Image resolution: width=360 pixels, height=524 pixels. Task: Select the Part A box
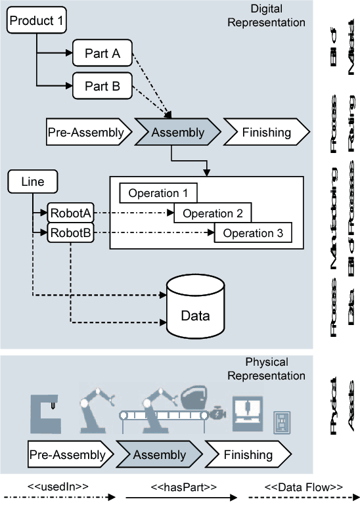102,54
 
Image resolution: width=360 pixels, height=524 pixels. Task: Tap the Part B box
102,85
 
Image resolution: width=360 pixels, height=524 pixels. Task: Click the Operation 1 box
158,193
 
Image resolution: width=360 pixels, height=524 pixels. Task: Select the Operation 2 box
213,213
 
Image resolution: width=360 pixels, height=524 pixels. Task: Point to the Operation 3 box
253,233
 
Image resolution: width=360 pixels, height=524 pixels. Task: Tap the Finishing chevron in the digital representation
266,133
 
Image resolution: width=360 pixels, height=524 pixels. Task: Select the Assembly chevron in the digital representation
177,133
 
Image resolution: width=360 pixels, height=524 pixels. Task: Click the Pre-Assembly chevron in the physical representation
68,454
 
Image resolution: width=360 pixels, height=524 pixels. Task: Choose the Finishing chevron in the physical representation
248,454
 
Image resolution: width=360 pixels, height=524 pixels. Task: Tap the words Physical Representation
275,369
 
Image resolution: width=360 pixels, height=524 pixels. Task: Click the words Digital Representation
275,15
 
